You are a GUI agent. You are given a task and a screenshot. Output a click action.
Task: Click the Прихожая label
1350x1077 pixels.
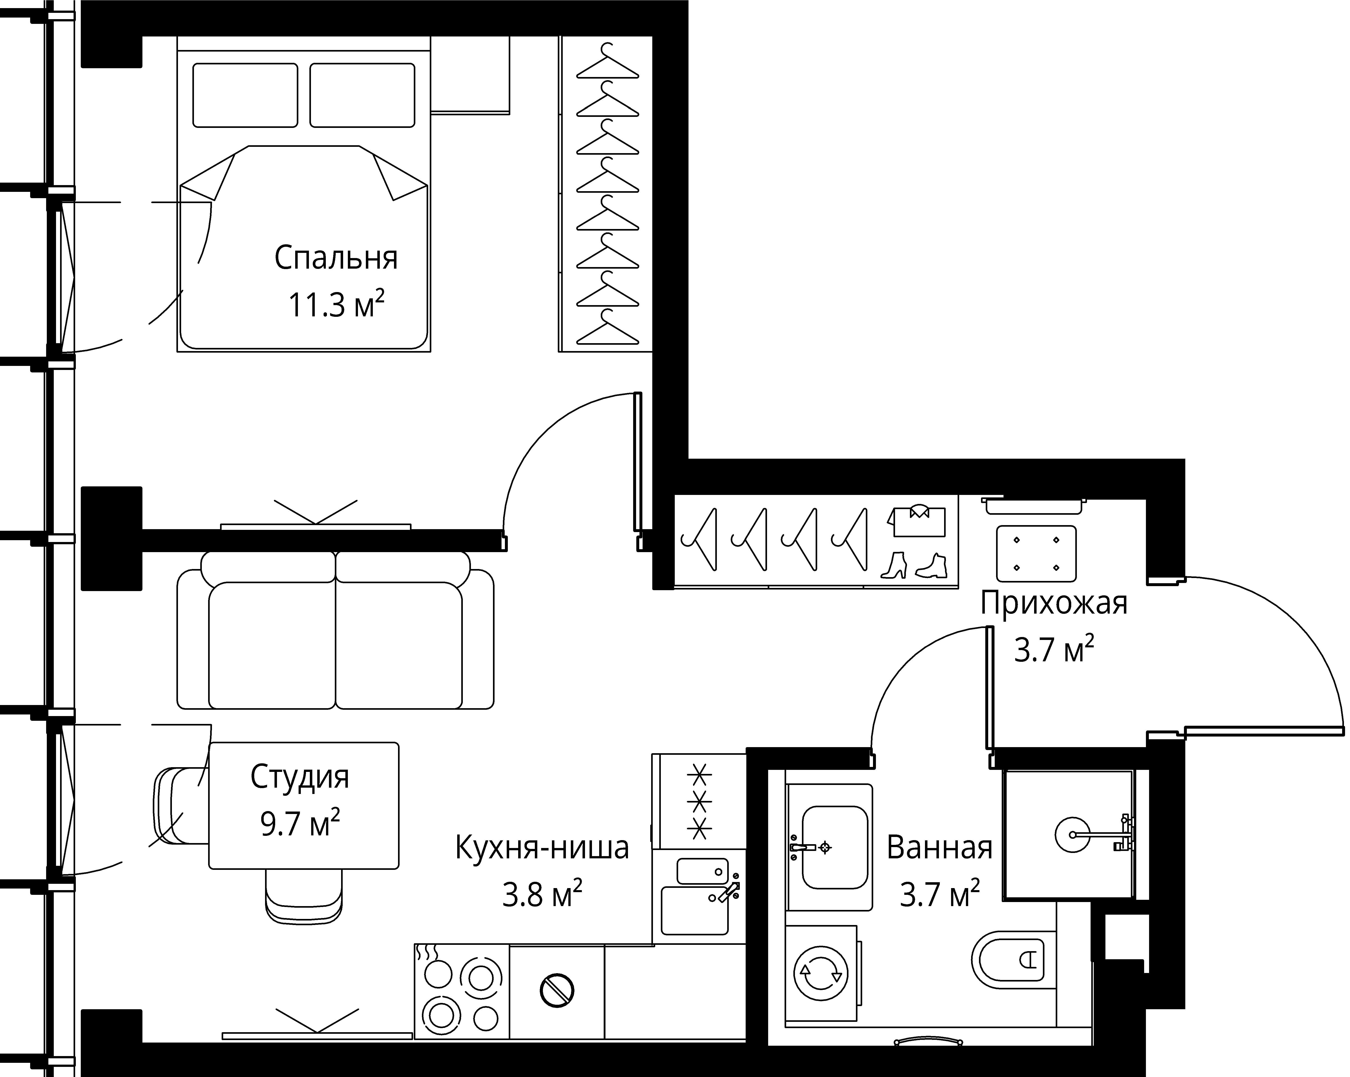click(x=1054, y=603)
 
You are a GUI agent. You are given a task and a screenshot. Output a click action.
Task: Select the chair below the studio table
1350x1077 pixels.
click(x=304, y=896)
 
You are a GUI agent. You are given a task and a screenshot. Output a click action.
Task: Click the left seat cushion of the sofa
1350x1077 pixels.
click(x=272, y=645)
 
